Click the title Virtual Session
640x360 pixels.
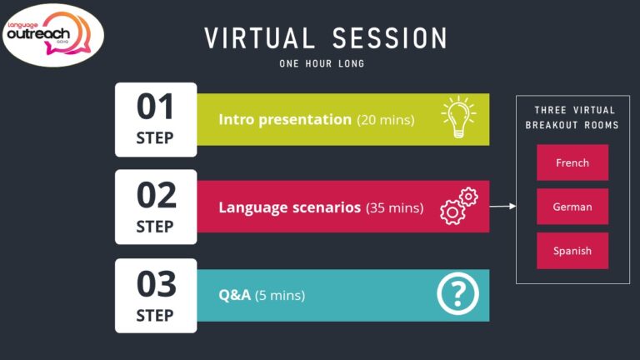[326, 37]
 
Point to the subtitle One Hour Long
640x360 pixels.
[322, 63]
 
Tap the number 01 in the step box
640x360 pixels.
[156, 107]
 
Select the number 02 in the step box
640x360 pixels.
[156, 196]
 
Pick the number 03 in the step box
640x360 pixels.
[156, 285]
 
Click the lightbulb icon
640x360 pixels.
[457, 117]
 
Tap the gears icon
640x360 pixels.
[457, 206]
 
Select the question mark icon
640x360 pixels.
[457, 294]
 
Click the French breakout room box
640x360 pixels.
[572, 162]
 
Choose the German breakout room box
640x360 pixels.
[572, 207]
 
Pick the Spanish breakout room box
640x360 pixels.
[572, 250]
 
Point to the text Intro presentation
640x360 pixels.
[285, 119]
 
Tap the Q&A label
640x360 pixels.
[236, 295]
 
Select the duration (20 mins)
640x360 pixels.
[386, 120]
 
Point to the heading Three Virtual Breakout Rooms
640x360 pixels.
[572, 117]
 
